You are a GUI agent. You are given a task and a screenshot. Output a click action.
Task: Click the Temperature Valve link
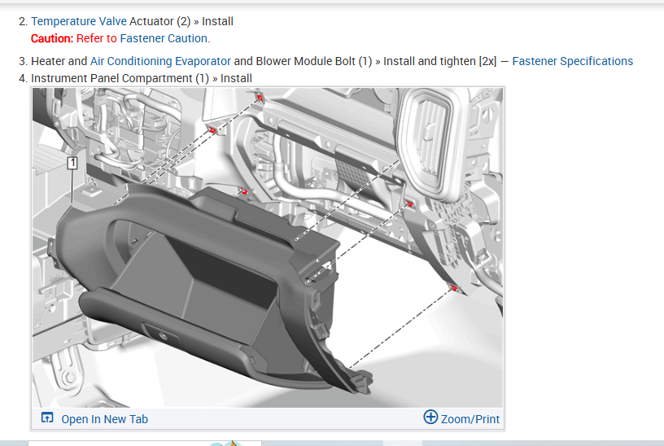point(79,21)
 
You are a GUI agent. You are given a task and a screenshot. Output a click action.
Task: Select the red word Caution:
point(52,38)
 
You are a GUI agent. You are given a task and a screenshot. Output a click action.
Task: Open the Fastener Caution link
point(164,38)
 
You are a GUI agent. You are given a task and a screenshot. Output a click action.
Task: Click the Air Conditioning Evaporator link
point(160,61)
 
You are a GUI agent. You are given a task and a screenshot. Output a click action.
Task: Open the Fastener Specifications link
point(573,61)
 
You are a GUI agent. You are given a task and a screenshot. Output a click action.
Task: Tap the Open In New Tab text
point(105,419)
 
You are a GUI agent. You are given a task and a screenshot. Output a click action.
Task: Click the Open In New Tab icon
point(47,418)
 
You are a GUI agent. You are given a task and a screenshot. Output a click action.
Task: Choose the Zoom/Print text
point(470,419)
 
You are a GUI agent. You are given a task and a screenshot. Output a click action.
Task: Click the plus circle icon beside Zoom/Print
point(430,418)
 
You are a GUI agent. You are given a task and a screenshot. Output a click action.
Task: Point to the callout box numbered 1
point(72,163)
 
